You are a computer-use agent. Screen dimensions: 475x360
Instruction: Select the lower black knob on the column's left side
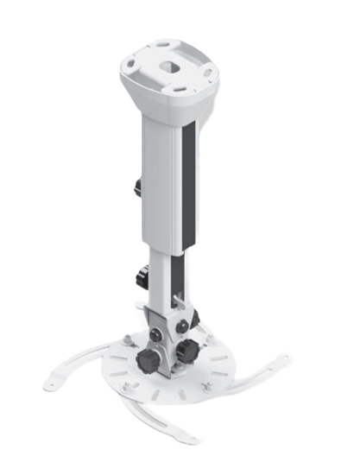(x=141, y=278)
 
